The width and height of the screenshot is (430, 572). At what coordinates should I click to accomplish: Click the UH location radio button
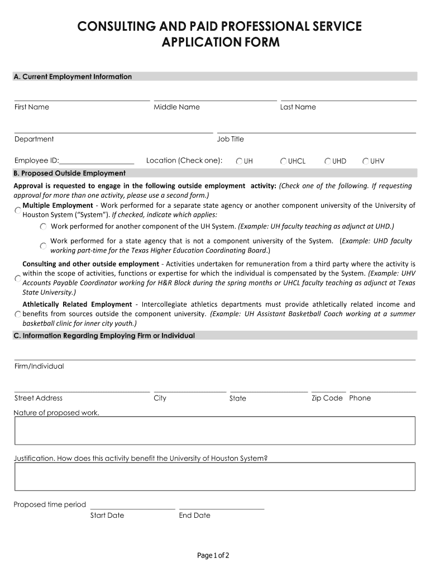click(239, 161)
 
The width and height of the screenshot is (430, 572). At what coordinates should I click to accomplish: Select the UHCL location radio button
click(284, 161)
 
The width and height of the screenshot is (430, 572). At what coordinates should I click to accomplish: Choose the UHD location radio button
click(328, 161)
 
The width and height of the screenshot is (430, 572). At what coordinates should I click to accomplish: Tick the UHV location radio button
click(366, 161)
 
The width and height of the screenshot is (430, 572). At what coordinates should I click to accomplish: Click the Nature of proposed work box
click(214, 431)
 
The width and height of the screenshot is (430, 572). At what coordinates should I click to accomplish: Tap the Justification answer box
click(214, 476)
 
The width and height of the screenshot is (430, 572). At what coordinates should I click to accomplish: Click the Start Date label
click(107, 516)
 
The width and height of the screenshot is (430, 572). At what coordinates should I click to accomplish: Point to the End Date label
click(194, 516)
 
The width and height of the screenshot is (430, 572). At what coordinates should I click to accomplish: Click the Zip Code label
click(327, 398)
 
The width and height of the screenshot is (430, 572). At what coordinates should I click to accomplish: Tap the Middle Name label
click(176, 107)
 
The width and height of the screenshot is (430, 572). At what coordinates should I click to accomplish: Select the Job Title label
click(230, 139)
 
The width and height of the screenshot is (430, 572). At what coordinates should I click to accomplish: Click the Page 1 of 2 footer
click(213, 555)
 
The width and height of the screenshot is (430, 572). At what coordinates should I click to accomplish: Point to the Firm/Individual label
click(39, 366)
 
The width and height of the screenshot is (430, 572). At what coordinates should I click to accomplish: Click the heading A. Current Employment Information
click(73, 77)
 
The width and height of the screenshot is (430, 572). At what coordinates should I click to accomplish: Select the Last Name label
click(298, 107)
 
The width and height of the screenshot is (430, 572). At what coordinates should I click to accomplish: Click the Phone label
click(360, 398)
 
